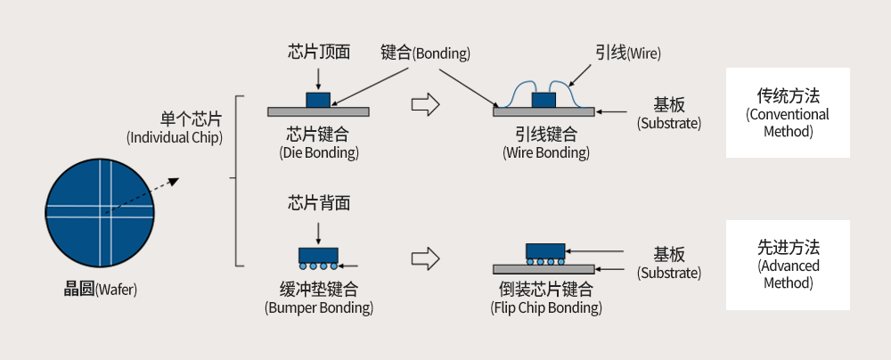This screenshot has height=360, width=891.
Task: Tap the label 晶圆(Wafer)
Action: (101, 290)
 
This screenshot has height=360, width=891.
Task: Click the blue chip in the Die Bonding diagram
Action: (317, 99)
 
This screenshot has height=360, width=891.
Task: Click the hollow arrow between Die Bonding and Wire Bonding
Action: (426, 104)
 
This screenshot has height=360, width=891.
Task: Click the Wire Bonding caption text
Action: (545, 143)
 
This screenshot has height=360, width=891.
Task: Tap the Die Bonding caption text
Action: (318, 143)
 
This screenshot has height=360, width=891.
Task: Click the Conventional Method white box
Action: (787, 113)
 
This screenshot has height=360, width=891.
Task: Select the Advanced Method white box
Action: (787, 265)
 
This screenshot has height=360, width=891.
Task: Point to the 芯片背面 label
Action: (318, 203)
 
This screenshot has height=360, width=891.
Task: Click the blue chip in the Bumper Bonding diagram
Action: (318, 255)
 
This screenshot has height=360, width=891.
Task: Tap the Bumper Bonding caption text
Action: (318, 299)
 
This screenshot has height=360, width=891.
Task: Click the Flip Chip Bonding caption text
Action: (545, 299)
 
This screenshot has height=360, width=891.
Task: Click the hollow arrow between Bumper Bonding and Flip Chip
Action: (426, 259)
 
